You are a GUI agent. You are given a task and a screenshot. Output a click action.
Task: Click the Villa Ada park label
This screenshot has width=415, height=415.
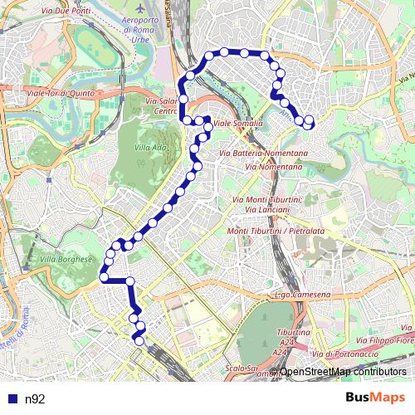(149, 148)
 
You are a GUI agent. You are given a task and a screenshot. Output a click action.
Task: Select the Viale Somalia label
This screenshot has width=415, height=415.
(237, 124)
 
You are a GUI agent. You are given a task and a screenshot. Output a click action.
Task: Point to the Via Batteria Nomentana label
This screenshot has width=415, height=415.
(263, 154)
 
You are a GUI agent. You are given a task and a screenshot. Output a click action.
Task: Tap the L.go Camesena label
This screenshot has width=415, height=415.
(301, 295)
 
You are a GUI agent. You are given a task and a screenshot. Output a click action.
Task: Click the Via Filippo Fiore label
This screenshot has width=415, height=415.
(385, 339)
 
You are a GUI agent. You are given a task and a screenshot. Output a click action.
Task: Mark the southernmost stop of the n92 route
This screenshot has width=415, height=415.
(139, 340)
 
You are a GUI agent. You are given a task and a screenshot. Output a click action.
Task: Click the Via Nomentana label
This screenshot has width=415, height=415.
(274, 166)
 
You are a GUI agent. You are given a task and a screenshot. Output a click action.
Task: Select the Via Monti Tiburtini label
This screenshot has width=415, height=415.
(268, 199)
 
